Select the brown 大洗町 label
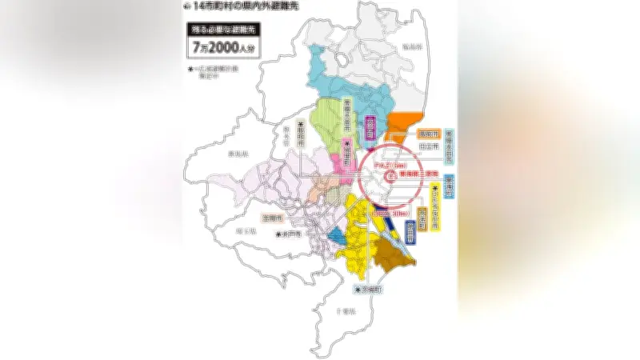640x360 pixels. click(423, 218)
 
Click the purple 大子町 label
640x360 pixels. click(370, 129)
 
